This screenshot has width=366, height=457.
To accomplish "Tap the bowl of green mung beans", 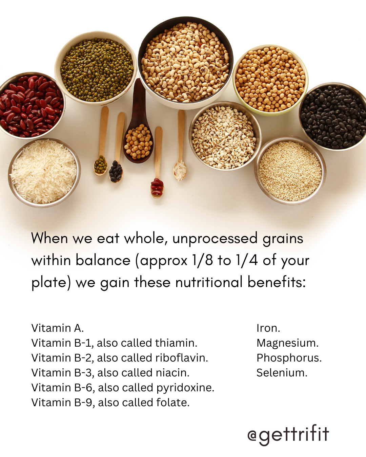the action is [96, 68].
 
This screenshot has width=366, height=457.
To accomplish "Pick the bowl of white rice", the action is [44, 172].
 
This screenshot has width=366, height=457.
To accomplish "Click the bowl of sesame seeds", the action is [290, 170].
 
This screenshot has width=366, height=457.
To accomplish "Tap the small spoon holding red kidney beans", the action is [157, 162].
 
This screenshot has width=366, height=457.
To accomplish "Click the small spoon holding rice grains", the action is [181, 146].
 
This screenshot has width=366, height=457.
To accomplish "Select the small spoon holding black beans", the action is [117, 147].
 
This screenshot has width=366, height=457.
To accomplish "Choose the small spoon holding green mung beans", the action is [102, 141].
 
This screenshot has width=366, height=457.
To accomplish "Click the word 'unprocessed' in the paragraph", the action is [215, 239].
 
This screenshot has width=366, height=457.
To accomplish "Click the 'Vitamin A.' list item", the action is [58, 328].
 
